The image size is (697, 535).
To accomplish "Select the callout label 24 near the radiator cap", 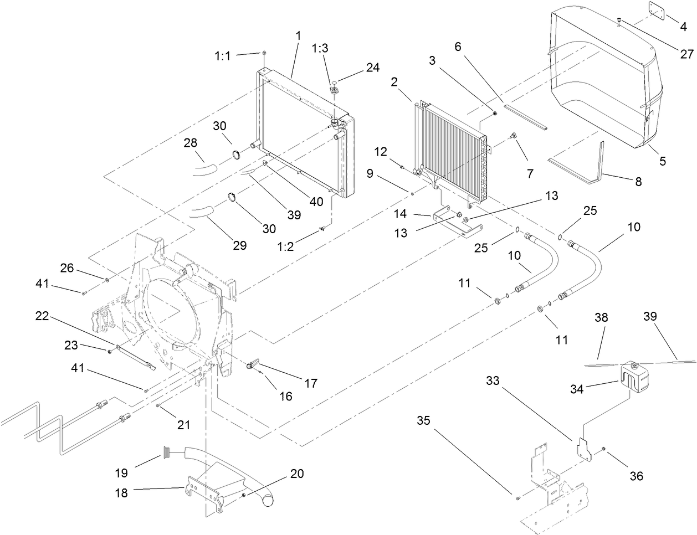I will point(372,68).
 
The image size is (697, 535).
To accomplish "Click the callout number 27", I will point(686,54).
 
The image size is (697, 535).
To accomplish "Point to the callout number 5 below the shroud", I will point(663,161).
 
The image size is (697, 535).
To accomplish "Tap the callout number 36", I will point(637,476).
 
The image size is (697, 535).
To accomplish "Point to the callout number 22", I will point(43,316).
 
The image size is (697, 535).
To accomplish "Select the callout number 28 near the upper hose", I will point(190,143).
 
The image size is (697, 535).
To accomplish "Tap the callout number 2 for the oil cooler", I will point(394,82).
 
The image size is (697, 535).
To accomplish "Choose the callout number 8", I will point(638,181).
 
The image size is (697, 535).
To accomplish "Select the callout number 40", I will point(316,202).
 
